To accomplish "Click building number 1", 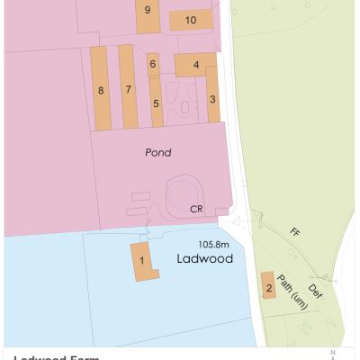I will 141,261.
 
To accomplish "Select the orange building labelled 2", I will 267,286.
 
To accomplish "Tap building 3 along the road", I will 212,96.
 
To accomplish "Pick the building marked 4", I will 195,65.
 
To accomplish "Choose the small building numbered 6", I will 153,64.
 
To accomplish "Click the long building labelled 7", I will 129,89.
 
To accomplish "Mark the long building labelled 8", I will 101,90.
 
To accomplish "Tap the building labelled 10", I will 191,19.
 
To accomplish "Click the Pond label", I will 158,153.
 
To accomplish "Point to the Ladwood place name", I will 204,258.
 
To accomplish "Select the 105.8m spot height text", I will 215,243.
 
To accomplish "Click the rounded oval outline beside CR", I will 187,191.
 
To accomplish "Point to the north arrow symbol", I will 332,354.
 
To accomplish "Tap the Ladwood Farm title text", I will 54,356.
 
